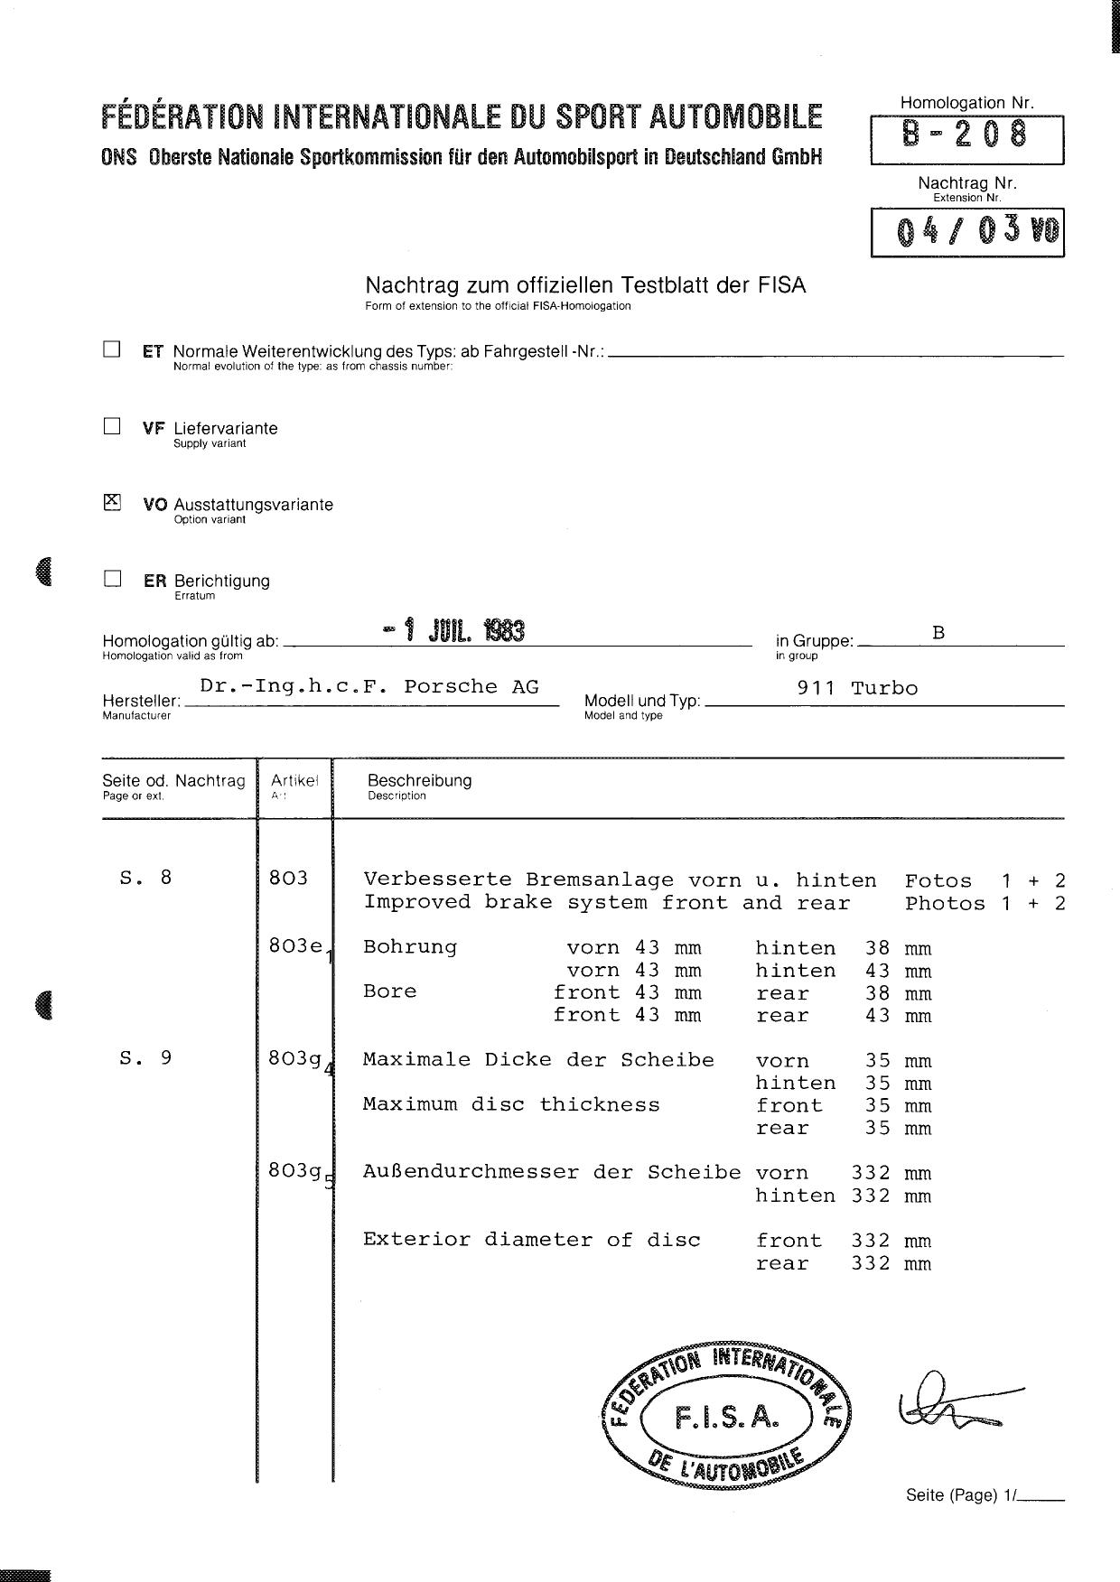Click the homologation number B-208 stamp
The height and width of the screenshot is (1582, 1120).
click(966, 135)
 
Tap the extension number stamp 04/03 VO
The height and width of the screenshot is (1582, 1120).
click(967, 232)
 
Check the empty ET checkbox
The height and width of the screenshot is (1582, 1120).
click(112, 349)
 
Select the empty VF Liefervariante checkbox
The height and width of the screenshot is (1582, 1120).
click(112, 426)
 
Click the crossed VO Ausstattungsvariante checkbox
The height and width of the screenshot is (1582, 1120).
click(112, 502)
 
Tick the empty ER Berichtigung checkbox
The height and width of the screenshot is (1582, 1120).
click(112, 579)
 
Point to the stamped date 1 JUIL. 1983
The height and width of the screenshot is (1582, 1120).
click(454, 630)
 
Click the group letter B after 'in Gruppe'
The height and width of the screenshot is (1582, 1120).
click(938, 633)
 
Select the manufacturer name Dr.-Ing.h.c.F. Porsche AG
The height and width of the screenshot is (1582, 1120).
click(369, 686)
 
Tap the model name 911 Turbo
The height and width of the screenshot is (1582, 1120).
click(857, 688)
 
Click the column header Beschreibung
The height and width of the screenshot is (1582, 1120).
click(419, 781)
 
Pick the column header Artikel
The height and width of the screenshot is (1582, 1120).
click(294, 781)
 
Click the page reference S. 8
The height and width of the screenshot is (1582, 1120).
click(145, 877)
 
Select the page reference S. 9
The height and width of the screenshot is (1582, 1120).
click(145, 1057)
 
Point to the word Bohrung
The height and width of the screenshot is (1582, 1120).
click(410, 947)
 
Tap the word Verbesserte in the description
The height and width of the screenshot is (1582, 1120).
click(423, 879)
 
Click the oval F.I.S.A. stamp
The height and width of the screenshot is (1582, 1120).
click(726, 1416)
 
